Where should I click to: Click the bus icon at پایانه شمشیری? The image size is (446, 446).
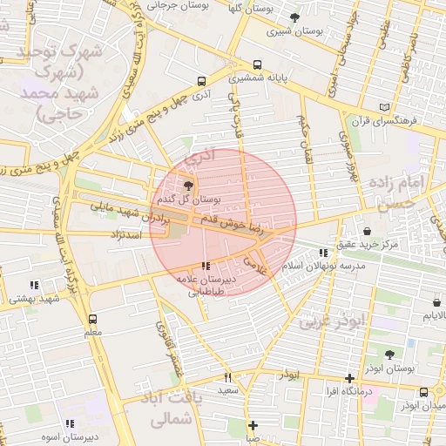257,65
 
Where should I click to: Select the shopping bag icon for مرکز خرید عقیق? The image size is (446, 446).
367,232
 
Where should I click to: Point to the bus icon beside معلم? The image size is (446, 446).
93,319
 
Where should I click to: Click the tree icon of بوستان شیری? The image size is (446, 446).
294,17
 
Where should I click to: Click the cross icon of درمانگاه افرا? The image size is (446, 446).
349,378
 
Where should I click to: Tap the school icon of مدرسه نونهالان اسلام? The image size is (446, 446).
324,253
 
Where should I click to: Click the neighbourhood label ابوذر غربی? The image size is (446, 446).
334,321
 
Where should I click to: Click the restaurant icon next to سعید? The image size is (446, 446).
228,378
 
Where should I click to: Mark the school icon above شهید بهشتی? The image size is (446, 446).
34,285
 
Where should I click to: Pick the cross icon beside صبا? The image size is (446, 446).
253,426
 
